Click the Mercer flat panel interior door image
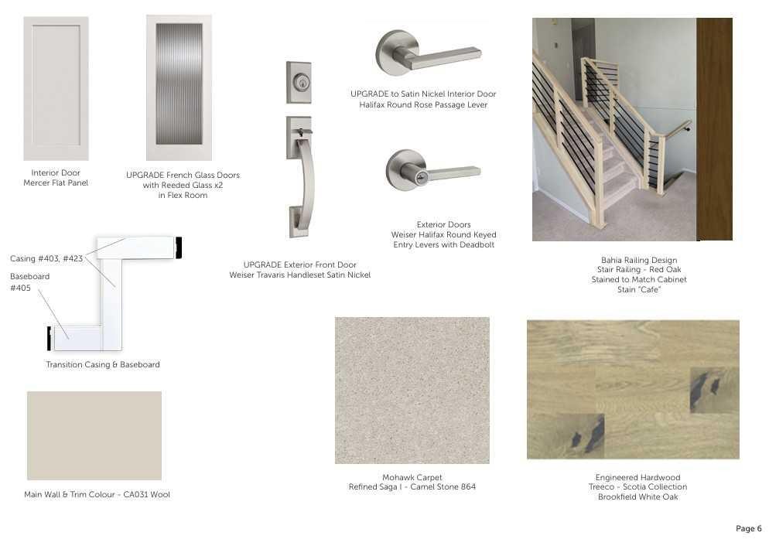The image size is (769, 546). pos(56,88)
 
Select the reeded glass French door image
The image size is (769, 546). pos(179,86)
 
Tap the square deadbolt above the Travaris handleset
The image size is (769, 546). pos(299,82)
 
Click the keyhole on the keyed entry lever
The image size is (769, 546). pos(421,177)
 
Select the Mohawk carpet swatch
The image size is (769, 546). pos(412,390)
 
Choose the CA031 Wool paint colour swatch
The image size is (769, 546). pos(94,435)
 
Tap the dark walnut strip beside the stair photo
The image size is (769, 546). pos(714,129)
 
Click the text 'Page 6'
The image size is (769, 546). pos(748,529)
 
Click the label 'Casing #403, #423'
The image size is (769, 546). pos(46,258)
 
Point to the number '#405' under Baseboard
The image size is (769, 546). pos(19,288)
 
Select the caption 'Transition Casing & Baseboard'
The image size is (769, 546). pos(103,364)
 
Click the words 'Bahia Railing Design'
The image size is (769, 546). pos(638,261)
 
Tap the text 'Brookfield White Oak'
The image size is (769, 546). pos(637,497)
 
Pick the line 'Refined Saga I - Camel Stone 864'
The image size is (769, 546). pos(412,487)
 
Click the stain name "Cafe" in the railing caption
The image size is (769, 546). pos(650,290)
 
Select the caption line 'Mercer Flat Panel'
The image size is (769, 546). pos(56,183)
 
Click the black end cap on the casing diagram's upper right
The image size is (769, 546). pos(179,247)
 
